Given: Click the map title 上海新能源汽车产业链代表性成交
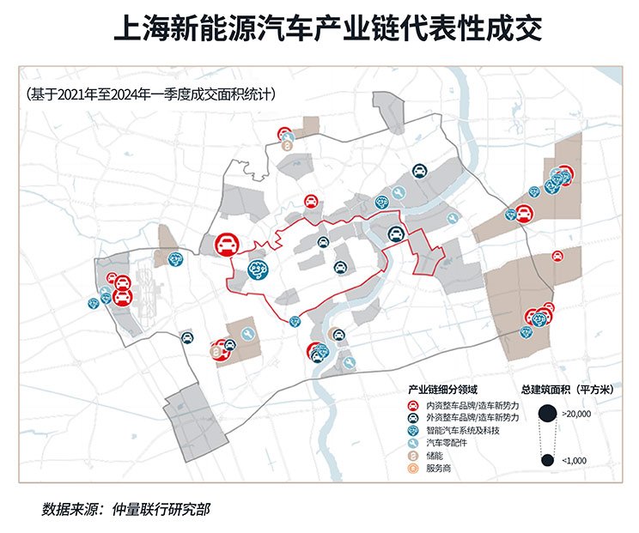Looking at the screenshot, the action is [x=328, y=28].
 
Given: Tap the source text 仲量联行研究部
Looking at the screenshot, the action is [x=161, y=509].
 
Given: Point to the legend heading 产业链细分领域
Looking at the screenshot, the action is [x=442, y=390].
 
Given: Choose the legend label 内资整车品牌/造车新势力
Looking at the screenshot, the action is [x=472, y=406].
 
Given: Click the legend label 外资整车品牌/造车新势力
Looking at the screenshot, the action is [x=472, y=418].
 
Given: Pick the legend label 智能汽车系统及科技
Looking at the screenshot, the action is [x=463, y=430].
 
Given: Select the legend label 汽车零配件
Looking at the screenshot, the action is [x=447, y=443].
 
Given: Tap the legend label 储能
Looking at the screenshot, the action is [x=435, y=456].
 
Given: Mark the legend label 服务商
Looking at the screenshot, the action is [x=439, y=469].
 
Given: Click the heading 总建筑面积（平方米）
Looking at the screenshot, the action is [x=567, y=390].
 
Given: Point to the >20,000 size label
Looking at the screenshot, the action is [x=576, y=414].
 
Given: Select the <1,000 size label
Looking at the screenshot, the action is [x=575, y=461].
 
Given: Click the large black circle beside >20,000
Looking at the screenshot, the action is [x=547, y=414].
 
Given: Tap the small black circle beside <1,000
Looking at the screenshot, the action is [x=547, y=461].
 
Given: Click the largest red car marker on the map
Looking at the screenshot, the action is [x=228, y=245].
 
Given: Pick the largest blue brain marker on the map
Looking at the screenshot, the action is [x=259, y=270].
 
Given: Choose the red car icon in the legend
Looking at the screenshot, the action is [x=413, y=406].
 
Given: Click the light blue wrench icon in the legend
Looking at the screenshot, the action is [x=413, y=443].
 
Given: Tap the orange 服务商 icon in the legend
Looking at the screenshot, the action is [x=413, y=469].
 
